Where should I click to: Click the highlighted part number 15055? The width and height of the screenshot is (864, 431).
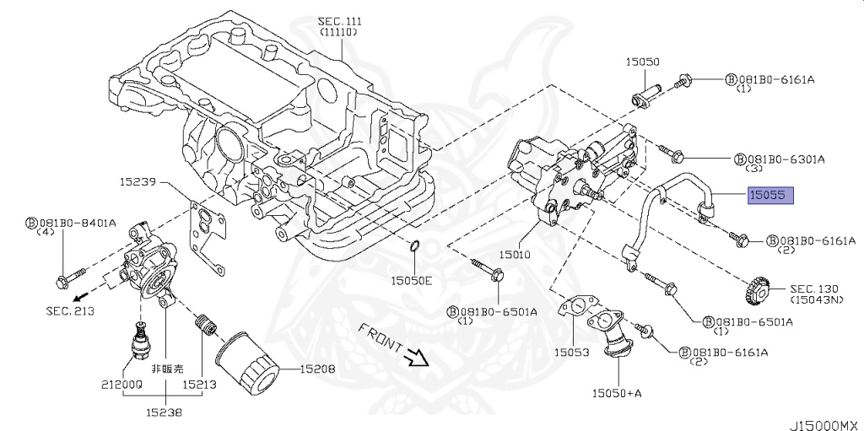769,195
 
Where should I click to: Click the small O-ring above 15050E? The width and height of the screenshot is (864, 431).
414,246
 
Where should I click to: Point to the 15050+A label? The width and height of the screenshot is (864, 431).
617,393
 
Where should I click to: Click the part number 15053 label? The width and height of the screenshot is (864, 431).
571,352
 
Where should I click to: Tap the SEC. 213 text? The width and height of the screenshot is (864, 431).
70,311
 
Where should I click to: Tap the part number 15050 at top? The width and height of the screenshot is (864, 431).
642,62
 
